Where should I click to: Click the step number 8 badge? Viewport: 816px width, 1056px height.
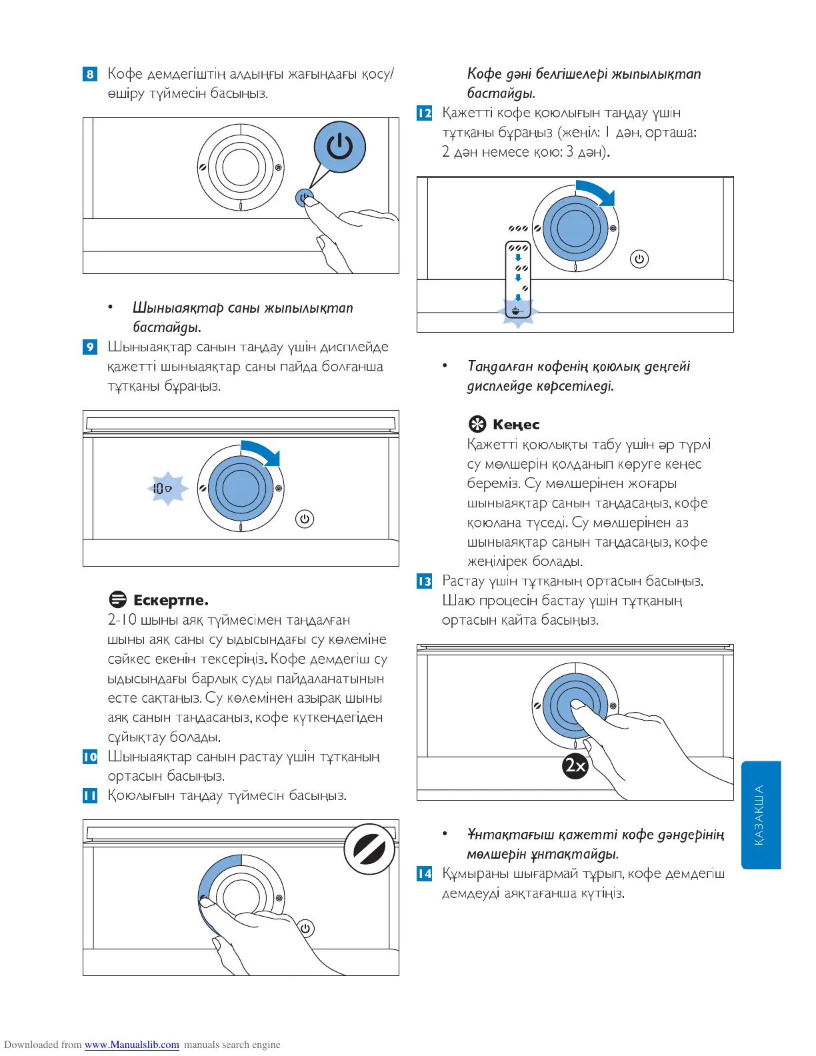(90, 74)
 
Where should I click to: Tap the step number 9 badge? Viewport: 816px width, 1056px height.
(90, 347)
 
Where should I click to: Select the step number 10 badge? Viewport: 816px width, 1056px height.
(90, 757)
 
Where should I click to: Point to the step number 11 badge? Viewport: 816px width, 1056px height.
(90, 795)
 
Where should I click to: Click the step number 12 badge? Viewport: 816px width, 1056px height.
(425, 113)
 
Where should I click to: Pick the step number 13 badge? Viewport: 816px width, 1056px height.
(425, 581)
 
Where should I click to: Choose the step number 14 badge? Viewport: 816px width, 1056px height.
(425, 873)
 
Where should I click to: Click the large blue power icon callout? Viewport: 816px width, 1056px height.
(339, 147)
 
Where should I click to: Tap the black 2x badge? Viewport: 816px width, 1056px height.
(575, 765)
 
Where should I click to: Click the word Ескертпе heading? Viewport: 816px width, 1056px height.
(171, 601)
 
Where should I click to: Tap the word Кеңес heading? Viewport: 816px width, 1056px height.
(516, 425)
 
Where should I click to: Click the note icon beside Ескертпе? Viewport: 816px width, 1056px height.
(117, 600)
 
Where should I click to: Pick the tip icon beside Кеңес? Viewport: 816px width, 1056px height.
(477, 424)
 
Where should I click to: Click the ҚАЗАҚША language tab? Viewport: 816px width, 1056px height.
(760, 815)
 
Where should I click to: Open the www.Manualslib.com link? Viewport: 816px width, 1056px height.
(131, 1045)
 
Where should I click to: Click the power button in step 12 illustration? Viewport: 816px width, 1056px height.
(639, 259)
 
